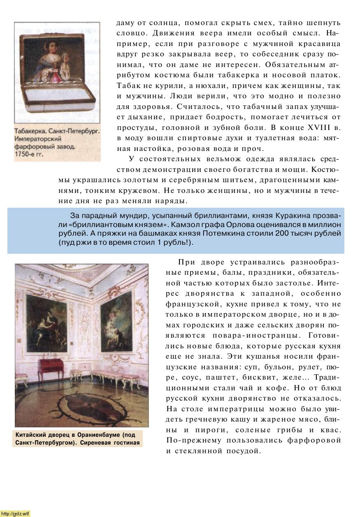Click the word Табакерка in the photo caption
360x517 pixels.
click(30, 132)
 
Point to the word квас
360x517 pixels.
click(332, 430)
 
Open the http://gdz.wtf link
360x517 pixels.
click(15, 513)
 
